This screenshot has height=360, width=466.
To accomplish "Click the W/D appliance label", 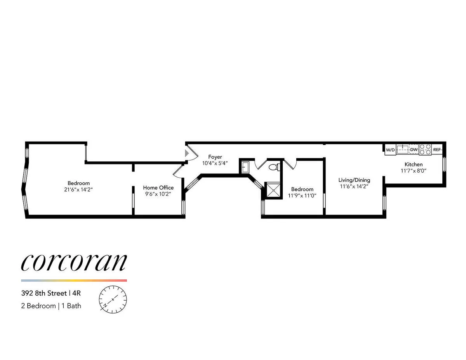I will pos(390,150).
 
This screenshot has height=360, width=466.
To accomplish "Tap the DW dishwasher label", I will pos(414,149).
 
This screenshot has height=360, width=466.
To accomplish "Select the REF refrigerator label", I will pos(437,150).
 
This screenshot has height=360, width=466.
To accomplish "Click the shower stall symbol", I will pos(273,190).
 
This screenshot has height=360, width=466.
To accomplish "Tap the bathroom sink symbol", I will pos(245,167).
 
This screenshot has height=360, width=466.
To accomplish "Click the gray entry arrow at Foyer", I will pos(187,153).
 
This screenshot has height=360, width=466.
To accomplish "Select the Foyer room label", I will pos(215,157).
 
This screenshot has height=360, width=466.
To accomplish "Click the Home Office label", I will pos(158,188).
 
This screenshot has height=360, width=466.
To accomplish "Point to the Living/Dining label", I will pos(354,180).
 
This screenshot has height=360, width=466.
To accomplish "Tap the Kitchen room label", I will pos(414,164).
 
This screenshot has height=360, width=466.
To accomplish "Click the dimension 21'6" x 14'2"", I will pos(78,190).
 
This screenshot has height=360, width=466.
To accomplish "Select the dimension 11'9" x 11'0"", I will pos(302,196).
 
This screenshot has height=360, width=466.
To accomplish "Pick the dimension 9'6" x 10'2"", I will pos(158,194).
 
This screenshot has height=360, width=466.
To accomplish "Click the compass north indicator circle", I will pos(113,299).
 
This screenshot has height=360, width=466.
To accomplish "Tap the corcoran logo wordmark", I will pos(74,263).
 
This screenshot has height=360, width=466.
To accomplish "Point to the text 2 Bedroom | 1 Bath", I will pos(51,306).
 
